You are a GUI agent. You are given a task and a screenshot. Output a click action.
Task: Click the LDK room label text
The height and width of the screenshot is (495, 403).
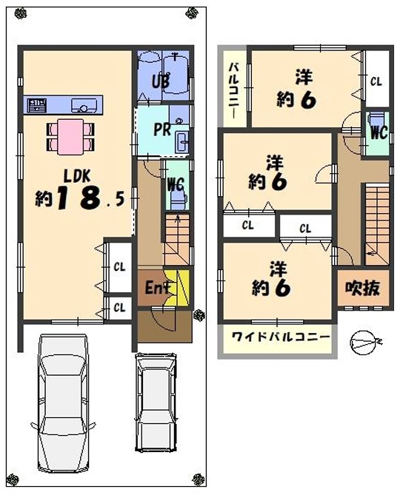click(77, 176)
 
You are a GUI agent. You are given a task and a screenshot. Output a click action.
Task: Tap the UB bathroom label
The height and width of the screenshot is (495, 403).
click(161, 81)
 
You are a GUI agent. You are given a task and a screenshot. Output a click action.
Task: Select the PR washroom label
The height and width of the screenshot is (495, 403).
click(162, 129)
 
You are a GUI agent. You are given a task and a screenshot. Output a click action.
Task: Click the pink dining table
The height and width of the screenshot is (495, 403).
click(70, 137)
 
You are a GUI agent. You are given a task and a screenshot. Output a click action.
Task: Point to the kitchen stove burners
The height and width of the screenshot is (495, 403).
click(37, 105)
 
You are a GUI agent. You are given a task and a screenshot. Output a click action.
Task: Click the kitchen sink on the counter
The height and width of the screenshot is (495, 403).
click(84, 105)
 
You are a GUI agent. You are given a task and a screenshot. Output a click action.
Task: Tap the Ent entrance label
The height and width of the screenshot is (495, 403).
click(158, 288)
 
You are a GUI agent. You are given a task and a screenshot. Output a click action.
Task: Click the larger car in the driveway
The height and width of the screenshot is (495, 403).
click(63, 404)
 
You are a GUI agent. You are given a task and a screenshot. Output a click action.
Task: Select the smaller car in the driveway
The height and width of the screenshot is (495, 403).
click(156, 403)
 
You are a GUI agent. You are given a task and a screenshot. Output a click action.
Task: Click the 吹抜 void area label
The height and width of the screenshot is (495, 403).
click(362, 288)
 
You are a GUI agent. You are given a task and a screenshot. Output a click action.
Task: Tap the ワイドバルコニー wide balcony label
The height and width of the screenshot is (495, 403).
click(280, 337)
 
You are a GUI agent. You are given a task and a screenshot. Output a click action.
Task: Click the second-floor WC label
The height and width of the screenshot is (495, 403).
click(379, 132)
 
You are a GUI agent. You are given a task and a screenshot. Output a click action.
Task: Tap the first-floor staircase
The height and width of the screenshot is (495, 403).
click(177, 239)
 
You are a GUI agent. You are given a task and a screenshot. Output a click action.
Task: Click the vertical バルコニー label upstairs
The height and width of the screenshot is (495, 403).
click(235, 90)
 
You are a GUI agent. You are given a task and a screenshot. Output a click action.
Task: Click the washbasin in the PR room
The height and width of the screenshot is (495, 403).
click(183, 142)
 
